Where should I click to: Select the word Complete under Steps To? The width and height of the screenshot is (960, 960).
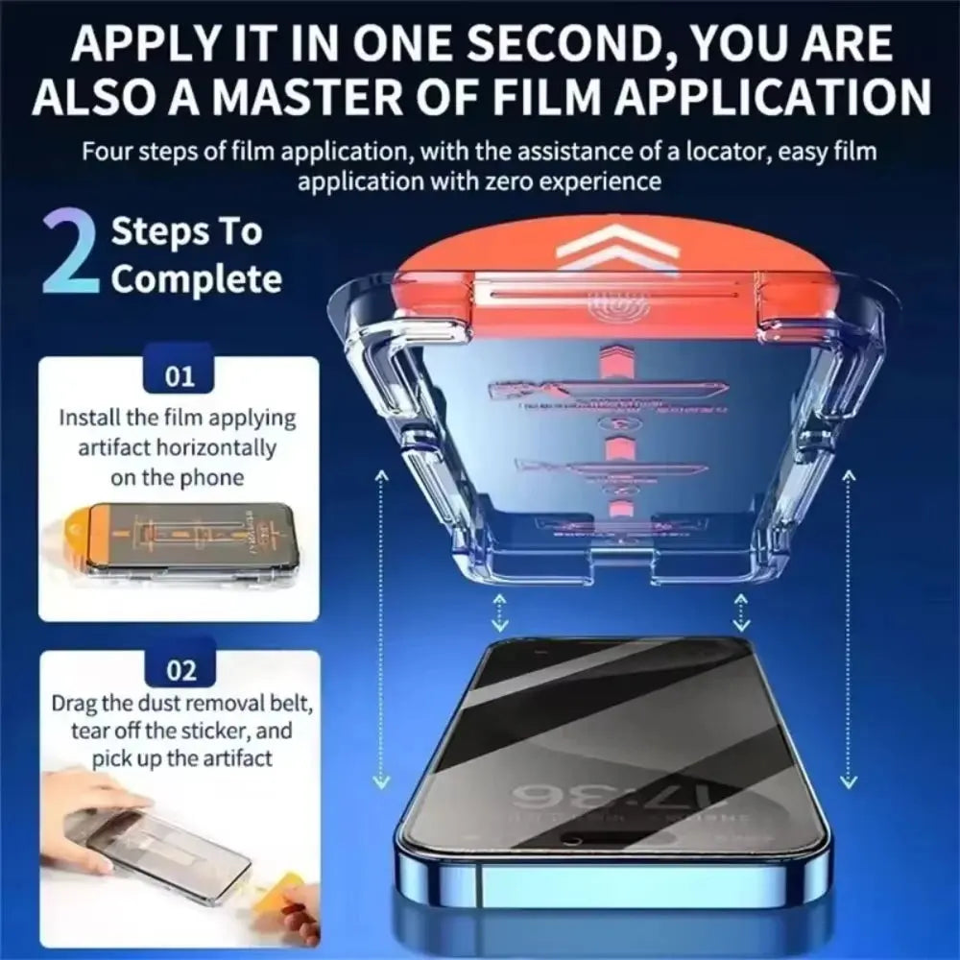(197, 279)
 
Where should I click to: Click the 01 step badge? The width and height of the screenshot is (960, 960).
(180, 374)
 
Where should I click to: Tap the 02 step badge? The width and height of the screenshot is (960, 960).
(180, 670)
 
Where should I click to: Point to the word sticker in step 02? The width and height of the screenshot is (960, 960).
(198, 731)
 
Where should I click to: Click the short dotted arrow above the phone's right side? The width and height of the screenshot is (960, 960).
(740, 610)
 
